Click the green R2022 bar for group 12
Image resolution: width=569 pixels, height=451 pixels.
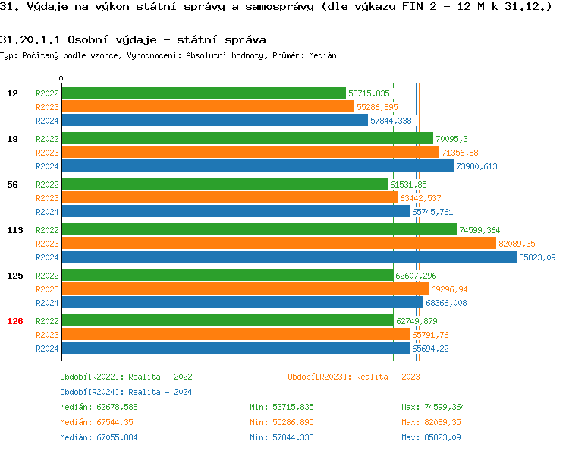pyautogui.click(x=203, y=93)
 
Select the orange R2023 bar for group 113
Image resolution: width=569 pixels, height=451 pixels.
pyautogui.click(x=278, y=243)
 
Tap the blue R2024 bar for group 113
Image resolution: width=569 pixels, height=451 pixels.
pyautogui.click(x=288, y=257)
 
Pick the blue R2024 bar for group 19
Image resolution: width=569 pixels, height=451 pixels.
pyautogui.click(x=257, y=166)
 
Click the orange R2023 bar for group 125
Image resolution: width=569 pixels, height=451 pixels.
pyautogui.click(x=244, y=289)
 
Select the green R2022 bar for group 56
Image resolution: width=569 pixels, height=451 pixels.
pyautogui.click(x=224, y=184)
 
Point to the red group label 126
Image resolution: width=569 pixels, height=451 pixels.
pyautogui.click(x=15, y=321)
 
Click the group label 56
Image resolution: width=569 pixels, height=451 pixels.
pyautogui.click(x=12, y=184)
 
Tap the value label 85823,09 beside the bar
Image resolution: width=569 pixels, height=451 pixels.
pyautogui.click(x=537, y=257)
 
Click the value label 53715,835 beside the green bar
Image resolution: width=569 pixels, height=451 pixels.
pyautogui.click(x=369, y=93)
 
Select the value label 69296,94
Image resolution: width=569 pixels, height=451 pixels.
pyautogui.click(x=449, y=289)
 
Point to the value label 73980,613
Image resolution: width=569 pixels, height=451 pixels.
pyautogui.click(x=476, y=166)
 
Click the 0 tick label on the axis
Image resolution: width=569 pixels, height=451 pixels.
pyautogui.click(x=61, y=78)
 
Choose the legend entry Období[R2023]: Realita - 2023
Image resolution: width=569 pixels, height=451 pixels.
pyautogui.click(x=354, y=377)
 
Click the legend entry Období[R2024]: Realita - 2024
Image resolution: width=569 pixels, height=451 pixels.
pyautogui.click(x=126, y=392)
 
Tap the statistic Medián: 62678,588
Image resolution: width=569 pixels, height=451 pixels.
pyautogui.click(x=99, y=407)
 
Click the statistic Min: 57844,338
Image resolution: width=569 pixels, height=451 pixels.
pyautogui.click(x=281, y=437)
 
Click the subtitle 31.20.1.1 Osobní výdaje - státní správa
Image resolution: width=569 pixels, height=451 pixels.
pyautogui.click(x=133, y=39)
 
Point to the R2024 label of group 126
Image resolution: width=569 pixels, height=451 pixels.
pyautogui.click(x=47, y=348)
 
